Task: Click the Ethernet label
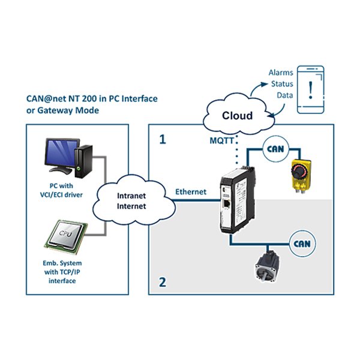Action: (x=191, y=192)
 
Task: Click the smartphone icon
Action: (x=310, y=89)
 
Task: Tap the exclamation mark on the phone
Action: (x=310, y=89)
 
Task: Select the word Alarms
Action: (x=281, y=73)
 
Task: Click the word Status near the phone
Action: (x=282, y=84)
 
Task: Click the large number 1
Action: (x=162, y=140)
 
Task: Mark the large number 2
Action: (x=162, y=281)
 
